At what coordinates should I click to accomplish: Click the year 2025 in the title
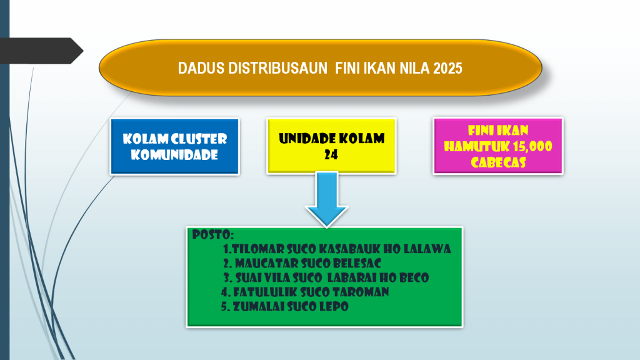pos(447,68)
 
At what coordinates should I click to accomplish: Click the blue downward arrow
pos(326,199)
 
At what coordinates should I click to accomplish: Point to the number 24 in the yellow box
pos(331,154)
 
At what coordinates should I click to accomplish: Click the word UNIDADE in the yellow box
pos(306,139)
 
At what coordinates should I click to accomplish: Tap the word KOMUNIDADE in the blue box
pos(174,155)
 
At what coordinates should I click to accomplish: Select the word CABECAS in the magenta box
pos(498,162)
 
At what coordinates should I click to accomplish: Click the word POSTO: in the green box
pos(212,235)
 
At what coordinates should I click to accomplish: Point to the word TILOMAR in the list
pos(258,249)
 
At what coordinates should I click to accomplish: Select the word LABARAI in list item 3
pos(352,278)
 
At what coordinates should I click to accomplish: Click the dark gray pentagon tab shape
pos(41,51)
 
